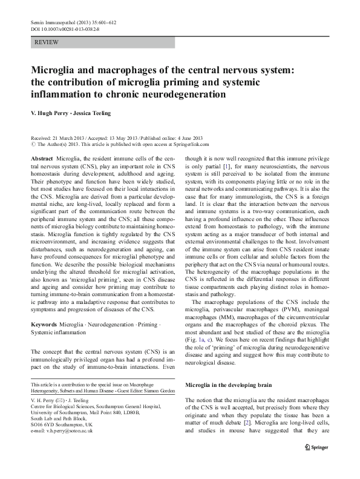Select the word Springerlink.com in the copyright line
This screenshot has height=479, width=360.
[188, 145]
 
